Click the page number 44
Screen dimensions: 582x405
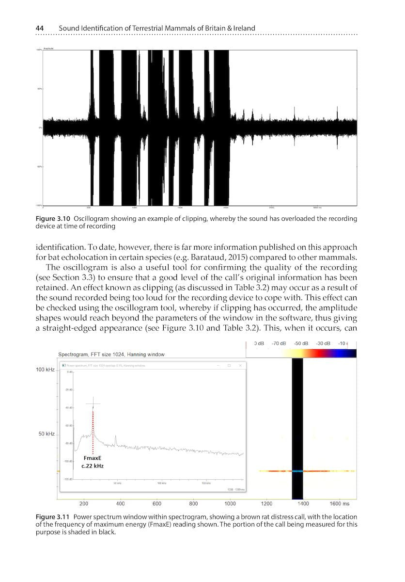[x=41, y=28]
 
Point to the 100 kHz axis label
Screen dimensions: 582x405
[x=45, y=370]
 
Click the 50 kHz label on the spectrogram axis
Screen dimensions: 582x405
[x=46, y=434]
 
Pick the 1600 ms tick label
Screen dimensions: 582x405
[x=339, y=504]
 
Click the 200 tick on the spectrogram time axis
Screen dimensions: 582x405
[x=83, y=504]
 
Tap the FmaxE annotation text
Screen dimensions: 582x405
[x=92, y=457]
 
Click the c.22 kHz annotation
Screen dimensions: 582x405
[x=93, y=466]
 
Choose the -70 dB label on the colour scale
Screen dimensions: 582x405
[x=279, y=343]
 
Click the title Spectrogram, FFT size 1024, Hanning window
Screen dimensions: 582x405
[x=111, y=355]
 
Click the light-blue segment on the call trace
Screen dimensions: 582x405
[x=297, y=471]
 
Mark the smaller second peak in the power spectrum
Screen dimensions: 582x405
[x=115, y=439]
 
